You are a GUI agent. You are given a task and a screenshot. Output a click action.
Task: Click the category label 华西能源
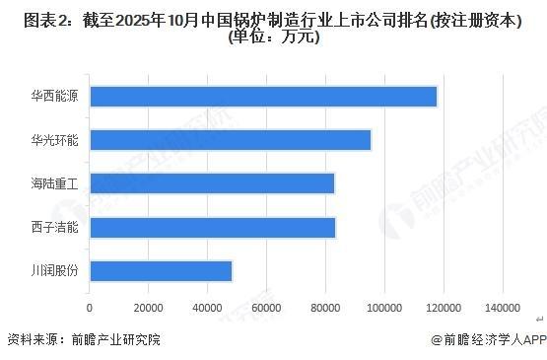pos(54,97)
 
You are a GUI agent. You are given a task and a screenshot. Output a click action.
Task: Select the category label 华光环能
pos(54,140)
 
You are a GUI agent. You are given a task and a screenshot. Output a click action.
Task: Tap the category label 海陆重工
pos(54,183)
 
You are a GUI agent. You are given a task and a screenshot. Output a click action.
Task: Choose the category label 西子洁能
pos(54,227)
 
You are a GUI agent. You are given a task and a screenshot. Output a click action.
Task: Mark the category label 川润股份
pos(54,270)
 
